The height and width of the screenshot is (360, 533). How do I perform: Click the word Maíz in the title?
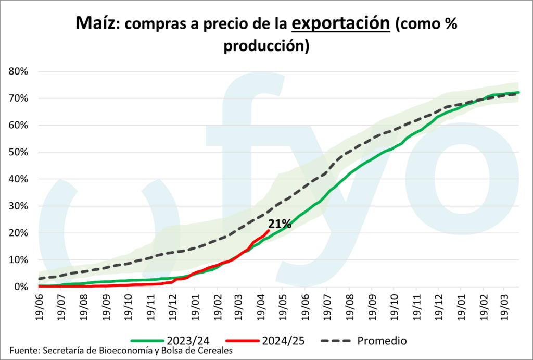(x=96, y=23)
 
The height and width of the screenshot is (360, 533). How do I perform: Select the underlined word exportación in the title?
(x=340, y=23)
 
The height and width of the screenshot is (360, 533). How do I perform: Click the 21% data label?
(x=280, y=224)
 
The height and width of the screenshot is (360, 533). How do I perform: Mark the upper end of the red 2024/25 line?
(x=268, y=230)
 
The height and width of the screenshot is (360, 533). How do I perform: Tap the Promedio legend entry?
(x=382, y=341)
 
